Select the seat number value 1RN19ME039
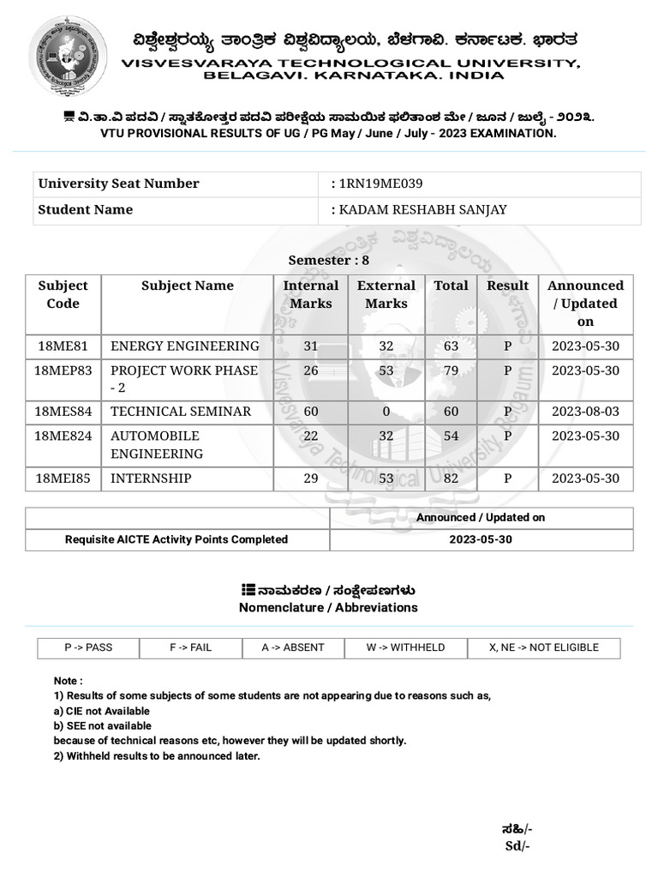pos(380,183)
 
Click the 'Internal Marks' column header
pos(310,294)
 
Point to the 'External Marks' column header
pos(386,294)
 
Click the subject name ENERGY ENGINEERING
pos(184,346)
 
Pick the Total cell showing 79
pos(451,370)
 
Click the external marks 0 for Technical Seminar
pos(386,412)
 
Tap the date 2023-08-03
pos(585,412)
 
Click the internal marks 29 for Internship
pos(310,478)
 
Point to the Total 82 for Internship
pos(451,478)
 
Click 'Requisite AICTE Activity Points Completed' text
pos(176,539)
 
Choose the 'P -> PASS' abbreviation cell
pos(87,647)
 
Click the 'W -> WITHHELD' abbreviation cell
pos(405,647)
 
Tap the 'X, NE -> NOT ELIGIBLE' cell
pos(543,647)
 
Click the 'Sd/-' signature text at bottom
pos(517,846)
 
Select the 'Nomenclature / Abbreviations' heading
pos(328,607)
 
